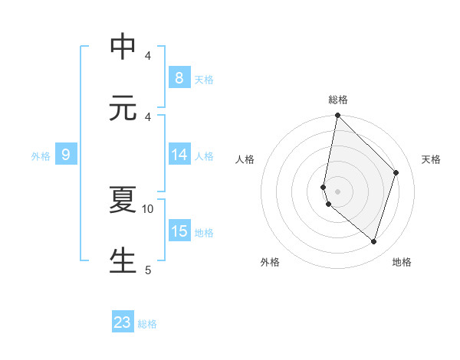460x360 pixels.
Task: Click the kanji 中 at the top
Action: (x=123, y=47)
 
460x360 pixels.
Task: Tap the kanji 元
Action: (x=123, y=107)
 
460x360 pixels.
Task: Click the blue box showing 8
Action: (x=179, y=77)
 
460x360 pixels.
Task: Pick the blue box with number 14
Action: (x=179, y=155)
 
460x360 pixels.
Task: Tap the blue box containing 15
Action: (x=179, y=231)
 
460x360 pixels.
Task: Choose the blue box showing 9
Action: (x=66, y=155)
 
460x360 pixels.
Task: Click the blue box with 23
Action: (x=123, y=322)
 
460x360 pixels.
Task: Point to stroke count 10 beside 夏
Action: (x=148, y=208)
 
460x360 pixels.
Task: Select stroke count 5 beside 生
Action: (x=148, y=270)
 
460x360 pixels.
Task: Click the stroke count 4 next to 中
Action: (x=148, y=56)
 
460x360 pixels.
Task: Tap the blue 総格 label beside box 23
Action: (x=147, y=324)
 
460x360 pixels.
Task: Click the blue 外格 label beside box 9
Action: (x=41, y=156)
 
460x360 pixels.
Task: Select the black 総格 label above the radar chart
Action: (x=337, y=100)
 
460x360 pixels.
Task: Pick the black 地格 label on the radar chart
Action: (x=402, y=262)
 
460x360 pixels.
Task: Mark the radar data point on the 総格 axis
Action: (x=337, y=116)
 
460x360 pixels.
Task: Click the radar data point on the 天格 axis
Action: (x=396, y=172)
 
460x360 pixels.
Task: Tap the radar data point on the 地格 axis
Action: (x=374, y=242)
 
